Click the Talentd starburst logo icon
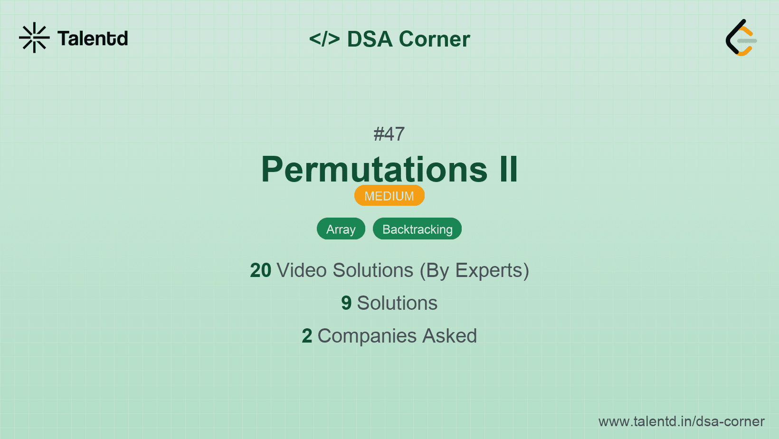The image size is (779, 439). click(34, 38)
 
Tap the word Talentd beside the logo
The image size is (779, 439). click(93, 38)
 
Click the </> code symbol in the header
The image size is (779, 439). click(324, 39)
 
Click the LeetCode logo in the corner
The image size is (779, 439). click(741, 38)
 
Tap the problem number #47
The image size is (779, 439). click(389, 134)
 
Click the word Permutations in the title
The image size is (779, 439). click(374, 169)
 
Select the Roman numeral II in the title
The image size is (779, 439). click(508, 169)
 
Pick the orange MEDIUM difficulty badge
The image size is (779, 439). click(389, 195)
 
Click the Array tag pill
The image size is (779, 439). click(341, 229)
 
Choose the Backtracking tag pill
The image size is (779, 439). click(418, 229)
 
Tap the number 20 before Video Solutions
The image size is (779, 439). click(260, 270)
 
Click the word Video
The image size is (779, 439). click(302, 270)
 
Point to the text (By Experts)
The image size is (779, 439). click(475, 271)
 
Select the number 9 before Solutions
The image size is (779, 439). click(346, 303)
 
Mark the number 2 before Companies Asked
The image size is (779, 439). click(307, 336)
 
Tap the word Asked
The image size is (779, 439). click(450, 336)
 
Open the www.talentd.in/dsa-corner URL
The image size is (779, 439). click(681, 421)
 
